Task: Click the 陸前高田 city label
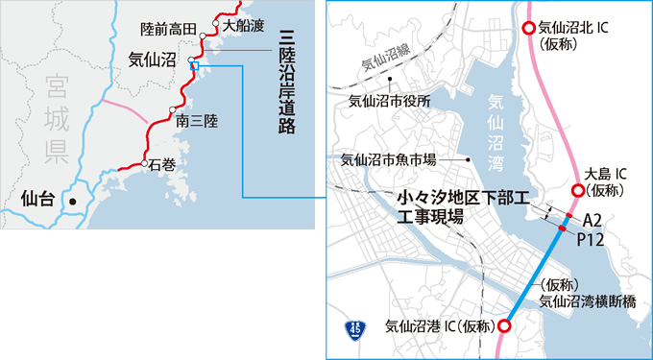(x=169, y=27)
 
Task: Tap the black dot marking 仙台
(x=70, y=200)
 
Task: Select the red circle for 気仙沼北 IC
(x=527, y=30)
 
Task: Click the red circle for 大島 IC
(x=577, y=190)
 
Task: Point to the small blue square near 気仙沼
(x=194, y=65)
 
